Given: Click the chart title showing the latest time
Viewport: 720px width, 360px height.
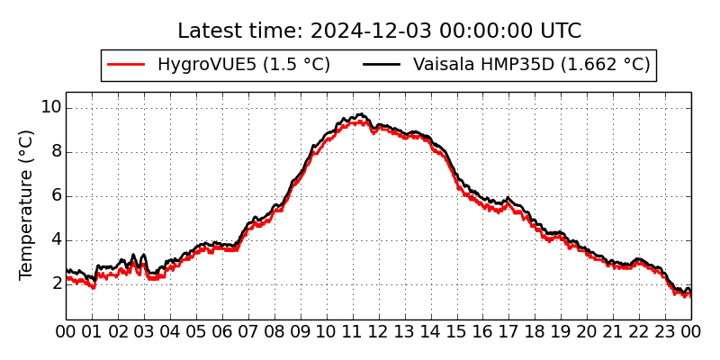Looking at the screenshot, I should click(379, 31).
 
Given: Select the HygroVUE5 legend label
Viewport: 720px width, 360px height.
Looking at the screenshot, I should click(243, 65).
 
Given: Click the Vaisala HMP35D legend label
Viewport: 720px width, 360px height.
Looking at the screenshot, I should click(531, 65).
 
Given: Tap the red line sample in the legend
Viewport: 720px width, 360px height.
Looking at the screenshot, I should click(126, 65).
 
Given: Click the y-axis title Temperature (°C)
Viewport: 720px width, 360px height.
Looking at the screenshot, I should click(26, 204).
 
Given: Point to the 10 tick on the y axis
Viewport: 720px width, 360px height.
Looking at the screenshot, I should click(50, 108).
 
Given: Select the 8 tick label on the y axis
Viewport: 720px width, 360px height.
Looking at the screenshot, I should click(55, 152).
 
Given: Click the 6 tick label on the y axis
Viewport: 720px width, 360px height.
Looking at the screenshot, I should click(55, 196).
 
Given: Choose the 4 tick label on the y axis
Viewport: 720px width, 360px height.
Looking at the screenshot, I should click(55, 240).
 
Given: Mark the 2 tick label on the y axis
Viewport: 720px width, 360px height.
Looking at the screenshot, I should click(55, 284).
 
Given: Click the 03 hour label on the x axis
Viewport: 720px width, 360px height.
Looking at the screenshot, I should click(144, 332).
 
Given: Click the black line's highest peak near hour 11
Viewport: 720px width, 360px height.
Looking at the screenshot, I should click(360, 114).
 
